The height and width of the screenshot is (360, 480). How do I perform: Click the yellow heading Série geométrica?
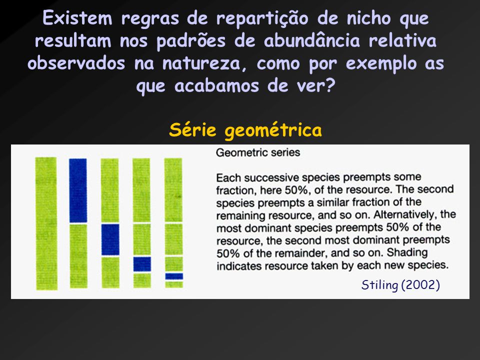[245, 130]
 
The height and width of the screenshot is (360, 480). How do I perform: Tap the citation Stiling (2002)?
[400, 285]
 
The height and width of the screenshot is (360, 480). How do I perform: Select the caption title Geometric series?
[258, 152]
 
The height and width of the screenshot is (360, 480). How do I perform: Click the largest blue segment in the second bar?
[78, 190]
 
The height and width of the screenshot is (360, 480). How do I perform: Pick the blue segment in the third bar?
[110, 239]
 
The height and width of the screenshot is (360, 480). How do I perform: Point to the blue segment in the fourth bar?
[142, 264]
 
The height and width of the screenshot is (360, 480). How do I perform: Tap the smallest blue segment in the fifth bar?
[174, 276]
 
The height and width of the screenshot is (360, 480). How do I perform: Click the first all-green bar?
[46, 223]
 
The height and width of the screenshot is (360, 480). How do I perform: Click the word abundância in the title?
[312, 40]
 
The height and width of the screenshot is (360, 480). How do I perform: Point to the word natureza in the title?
[201, 63]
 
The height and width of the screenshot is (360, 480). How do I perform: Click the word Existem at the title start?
[77, 18]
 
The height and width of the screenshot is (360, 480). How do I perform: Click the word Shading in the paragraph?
[407, 253]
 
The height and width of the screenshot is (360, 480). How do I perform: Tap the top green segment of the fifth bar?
[173, 190]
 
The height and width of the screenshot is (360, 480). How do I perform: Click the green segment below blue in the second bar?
[78, 256]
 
